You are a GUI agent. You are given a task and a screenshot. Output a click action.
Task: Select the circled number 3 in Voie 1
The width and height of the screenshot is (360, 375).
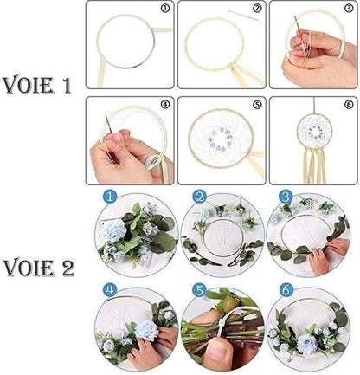tap(349, 11)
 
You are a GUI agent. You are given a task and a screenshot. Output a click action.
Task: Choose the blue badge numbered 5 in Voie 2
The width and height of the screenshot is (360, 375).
tap(200, 289)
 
